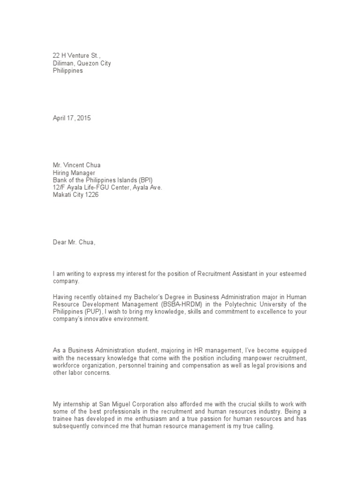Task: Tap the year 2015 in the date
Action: click(x=83, y=119)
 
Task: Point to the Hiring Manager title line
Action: click(x=74, y=173)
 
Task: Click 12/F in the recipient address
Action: click(x=59, y=188)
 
